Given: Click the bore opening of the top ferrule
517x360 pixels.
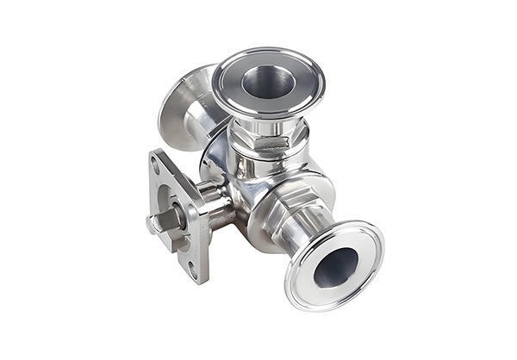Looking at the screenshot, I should pos(268,81).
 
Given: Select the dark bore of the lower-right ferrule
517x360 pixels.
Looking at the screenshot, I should pos(334,267).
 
